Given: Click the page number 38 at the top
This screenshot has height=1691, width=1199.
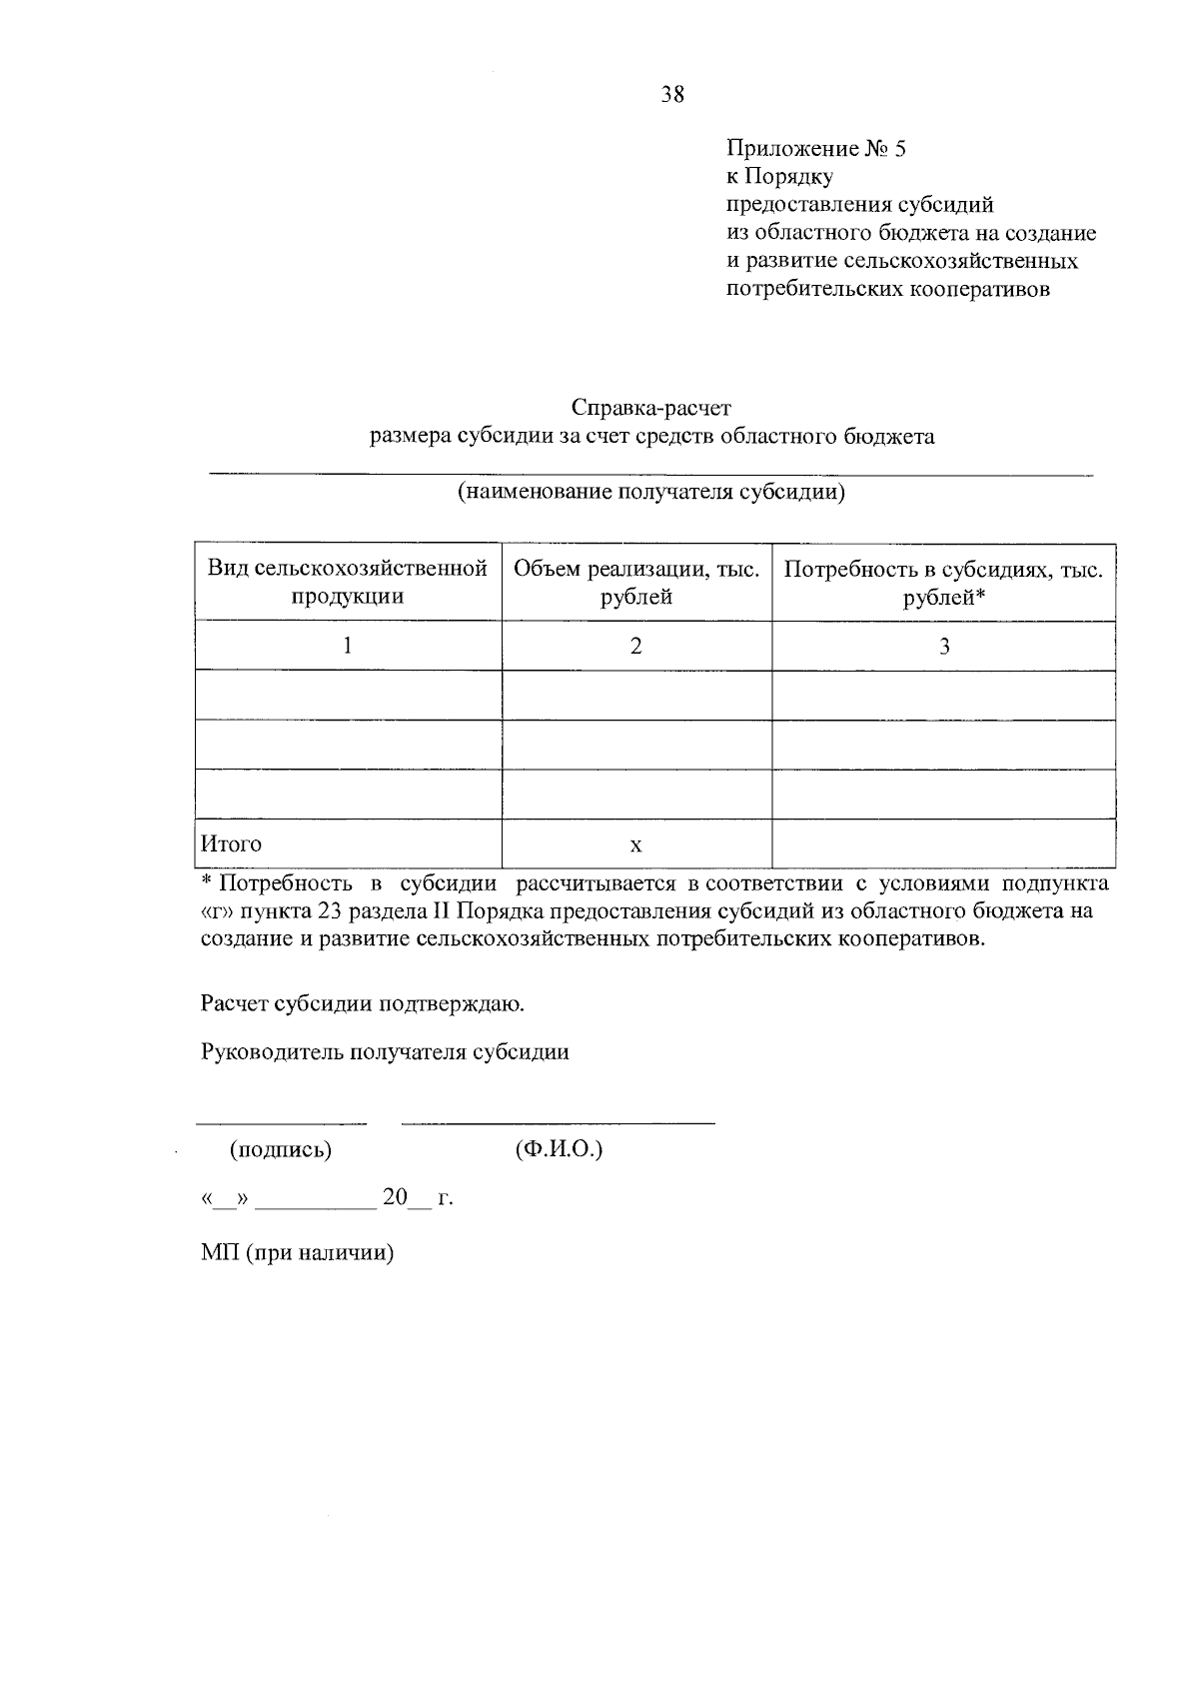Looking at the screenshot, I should click(x=672, y=95).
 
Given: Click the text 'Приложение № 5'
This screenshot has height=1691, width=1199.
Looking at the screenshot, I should click(x=816, y=149).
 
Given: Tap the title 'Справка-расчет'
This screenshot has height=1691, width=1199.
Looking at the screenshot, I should click(x=651, y=408).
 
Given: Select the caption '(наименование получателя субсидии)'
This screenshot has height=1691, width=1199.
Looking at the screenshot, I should click(x=651, y=492).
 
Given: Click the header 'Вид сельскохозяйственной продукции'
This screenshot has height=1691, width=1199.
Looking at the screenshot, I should click(x=348, y=583).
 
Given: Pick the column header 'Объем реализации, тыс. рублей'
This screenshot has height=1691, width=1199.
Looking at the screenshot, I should click(x=636, y=583).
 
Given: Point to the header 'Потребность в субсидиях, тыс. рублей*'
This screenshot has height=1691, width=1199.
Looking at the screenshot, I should click(x=943, y=583).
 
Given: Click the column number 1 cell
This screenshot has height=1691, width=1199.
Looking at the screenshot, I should click(x=348, y=646).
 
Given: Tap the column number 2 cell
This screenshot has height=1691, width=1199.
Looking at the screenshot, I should click(x=636, y=646).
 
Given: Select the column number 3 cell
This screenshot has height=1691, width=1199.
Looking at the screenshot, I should click(x=943, y=646).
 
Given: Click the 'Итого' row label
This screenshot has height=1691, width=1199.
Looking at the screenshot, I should click(x=232, y=844).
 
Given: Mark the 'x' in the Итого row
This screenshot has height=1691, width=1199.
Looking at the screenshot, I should click(x=636, y=845).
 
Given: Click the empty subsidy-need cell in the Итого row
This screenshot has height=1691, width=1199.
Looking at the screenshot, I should click(x=943, y=844).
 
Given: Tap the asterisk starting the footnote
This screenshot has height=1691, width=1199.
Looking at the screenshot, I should click(x=207, y=882).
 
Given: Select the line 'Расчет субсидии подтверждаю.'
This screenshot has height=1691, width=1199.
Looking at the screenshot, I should click(x=363, y=1003).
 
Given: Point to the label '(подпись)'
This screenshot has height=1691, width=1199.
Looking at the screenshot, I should click(x=281, y=1149).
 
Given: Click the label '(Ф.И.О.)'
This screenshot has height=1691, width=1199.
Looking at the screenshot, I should click(x=559, y=1149).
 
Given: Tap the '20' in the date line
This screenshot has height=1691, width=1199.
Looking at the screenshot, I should click(x=395, y=1197).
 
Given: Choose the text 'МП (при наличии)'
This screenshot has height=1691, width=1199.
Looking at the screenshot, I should click(x=298, y=1252).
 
